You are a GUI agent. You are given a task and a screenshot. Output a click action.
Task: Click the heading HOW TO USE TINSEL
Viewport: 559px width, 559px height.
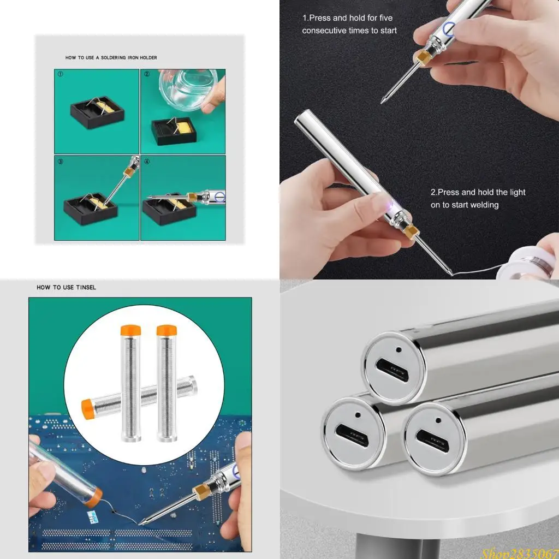click(x=66, y=287)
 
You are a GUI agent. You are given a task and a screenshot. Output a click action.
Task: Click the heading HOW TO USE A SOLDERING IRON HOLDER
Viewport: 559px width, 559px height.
click(x=111, y=57)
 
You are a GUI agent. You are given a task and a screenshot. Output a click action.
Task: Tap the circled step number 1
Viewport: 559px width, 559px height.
click(x=60, y=74)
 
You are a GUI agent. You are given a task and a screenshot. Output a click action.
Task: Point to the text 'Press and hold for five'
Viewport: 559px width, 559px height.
click(x=347, y=18)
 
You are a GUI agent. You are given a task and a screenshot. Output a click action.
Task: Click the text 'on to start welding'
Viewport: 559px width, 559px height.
click(x=465, y=205)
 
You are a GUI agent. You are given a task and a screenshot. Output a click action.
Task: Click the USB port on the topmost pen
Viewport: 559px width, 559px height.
click(x=392, y=370)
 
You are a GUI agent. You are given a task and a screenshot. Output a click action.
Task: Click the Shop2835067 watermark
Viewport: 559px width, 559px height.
click(x=519, y=552)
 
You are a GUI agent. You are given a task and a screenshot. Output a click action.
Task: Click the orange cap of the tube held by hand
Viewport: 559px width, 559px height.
click(x=94, y=497)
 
